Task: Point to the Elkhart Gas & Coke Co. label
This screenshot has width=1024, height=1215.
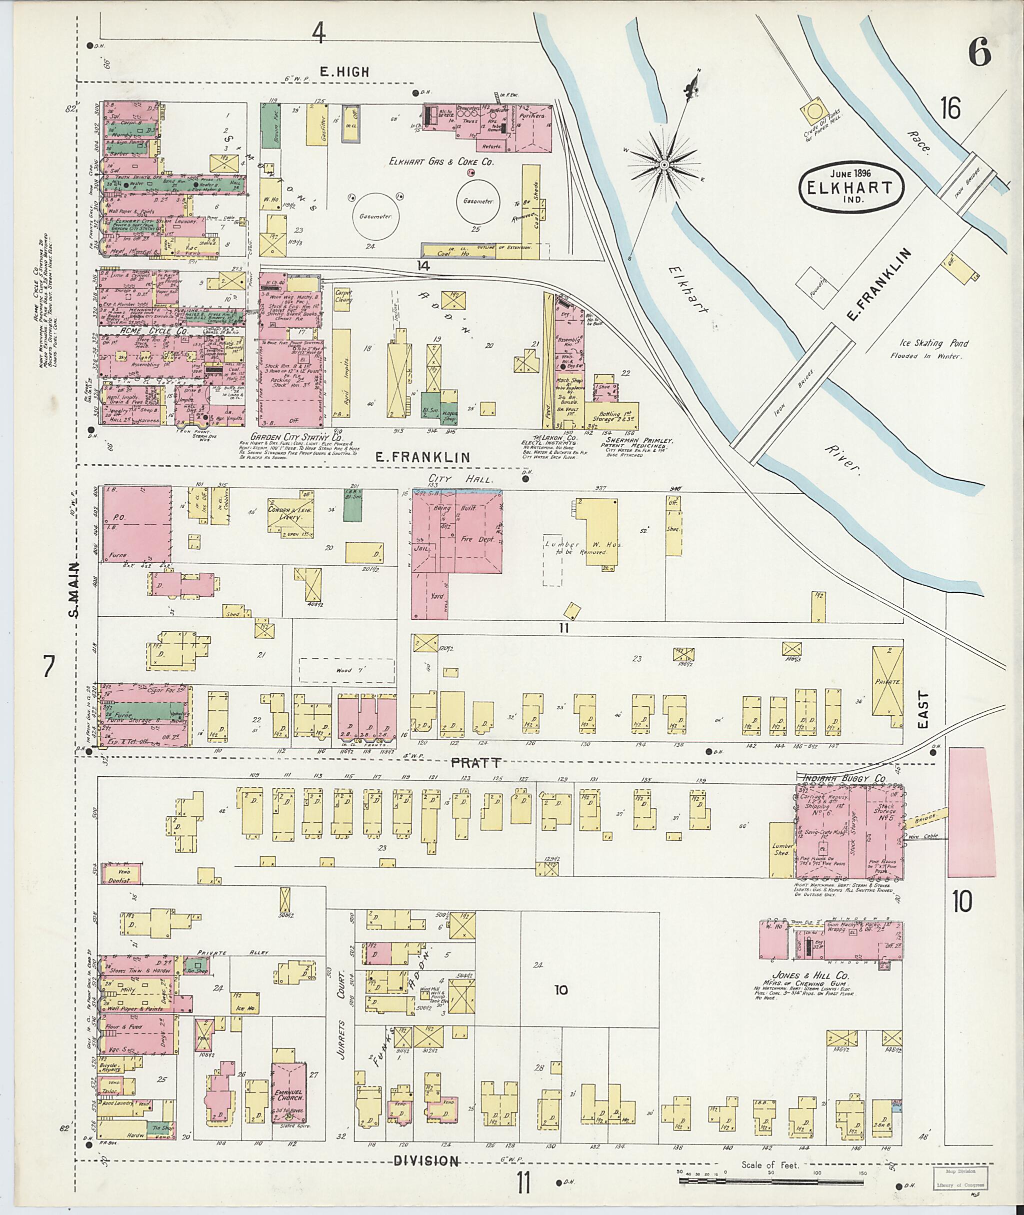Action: click(443, 163)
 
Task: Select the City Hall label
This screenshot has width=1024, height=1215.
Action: click(458, 479)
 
